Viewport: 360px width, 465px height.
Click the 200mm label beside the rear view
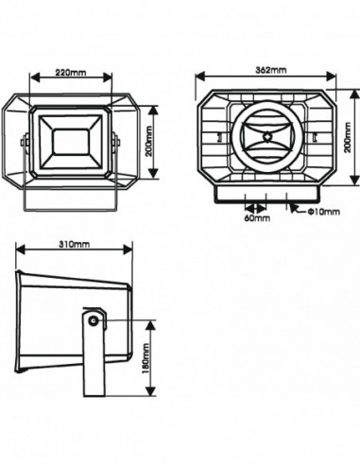[x=163, y=142]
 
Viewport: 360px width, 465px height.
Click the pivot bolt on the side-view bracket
[x=94, y=322]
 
